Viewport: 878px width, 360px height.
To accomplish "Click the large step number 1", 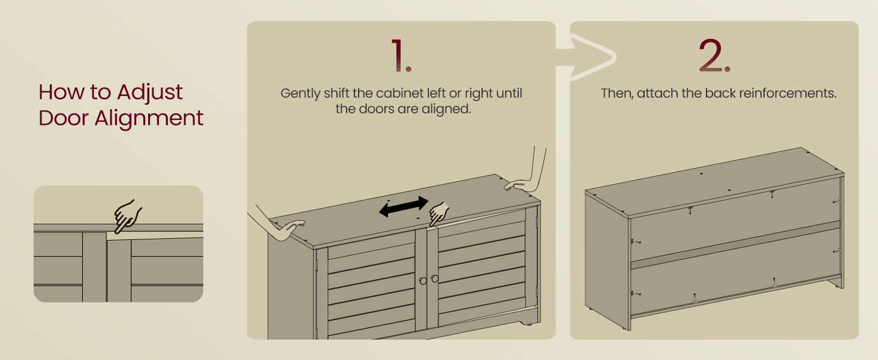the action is [x=401, y=55].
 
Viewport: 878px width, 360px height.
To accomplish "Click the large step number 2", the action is [x=714, y=55].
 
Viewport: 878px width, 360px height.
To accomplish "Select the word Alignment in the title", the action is [x=149, y=119].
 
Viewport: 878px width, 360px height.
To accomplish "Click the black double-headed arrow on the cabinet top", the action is [x=404, y=206].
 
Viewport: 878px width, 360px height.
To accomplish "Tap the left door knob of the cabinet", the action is [x=423, y=281].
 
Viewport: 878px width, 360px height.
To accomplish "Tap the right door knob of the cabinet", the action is [x=435, y=278].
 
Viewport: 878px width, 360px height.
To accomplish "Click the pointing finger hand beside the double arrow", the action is [x=439, y=214].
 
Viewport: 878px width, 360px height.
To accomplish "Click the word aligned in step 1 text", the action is [x=446, y=109].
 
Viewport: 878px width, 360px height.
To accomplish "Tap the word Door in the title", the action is [x=64, y=118].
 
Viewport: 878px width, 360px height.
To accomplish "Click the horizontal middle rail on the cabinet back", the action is [x=736, y=244].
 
